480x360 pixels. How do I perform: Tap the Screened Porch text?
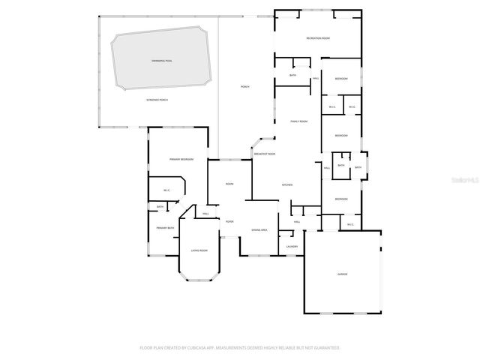click(157, 100)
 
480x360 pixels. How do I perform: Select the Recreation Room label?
click(318, 37)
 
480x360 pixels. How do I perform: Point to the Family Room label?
click(299, 121)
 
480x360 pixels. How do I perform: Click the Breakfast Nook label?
click(265, 154)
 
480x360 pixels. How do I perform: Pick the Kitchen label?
click(286, 184)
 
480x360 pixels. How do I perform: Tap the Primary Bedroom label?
click(181, 159)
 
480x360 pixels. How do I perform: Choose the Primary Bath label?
click(165, 228)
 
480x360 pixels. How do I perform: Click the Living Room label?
click(199, 250)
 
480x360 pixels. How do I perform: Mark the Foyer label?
click(229, 221)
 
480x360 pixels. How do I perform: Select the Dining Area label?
click(260, 229)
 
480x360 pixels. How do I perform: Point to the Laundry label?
click(292, 246)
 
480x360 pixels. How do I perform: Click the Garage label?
click(342, 274)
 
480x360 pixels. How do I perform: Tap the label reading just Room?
click(229, 184)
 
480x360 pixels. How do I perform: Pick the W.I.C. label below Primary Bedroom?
click(167, 190)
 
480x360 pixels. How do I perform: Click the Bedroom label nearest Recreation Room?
click(341, 79)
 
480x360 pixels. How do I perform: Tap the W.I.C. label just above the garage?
click(350, 224)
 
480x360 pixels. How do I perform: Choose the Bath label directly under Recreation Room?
click(292, 75)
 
